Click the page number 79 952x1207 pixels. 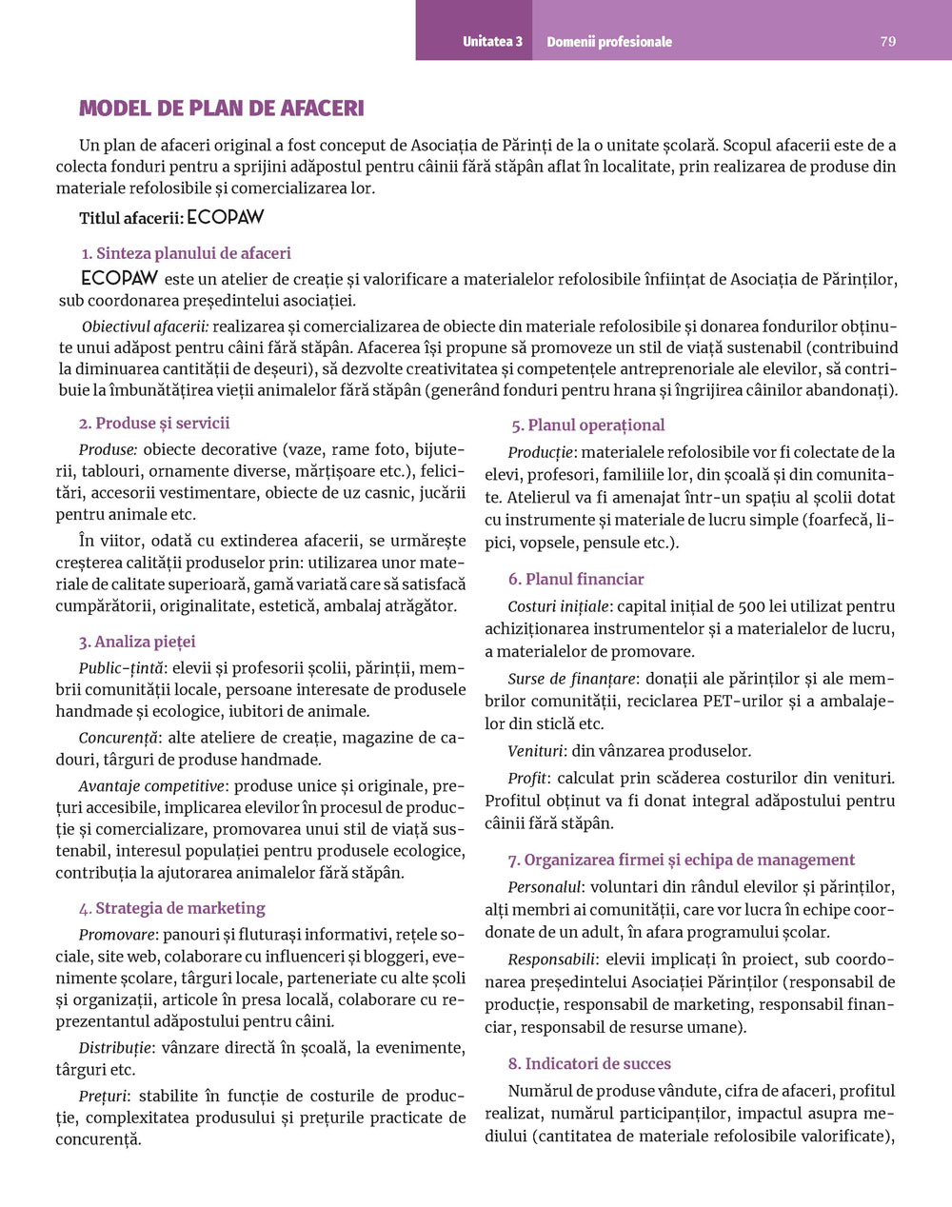pos(887,42)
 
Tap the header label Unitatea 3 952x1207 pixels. pos(492,42)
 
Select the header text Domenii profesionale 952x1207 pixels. pos(609,42)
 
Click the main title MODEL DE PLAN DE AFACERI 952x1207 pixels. pos(221,109)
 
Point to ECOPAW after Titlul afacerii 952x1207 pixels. pos(226,218)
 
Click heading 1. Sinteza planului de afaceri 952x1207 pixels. pos(186,253)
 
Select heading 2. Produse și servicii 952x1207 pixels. pos(154,423)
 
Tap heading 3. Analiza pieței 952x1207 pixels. pos(137,642)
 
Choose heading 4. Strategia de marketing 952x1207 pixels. pos(172,908)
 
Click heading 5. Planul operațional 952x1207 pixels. pos(587,425)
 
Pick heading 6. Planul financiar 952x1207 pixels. pos(576,579)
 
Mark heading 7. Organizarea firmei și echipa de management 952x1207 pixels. pos(682,860)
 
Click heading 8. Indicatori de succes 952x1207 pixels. pos(589,1063)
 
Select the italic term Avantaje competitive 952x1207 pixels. pos(151,786)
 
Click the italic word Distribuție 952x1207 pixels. pos(115,1048)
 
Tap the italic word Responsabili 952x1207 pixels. pos(551,959)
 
